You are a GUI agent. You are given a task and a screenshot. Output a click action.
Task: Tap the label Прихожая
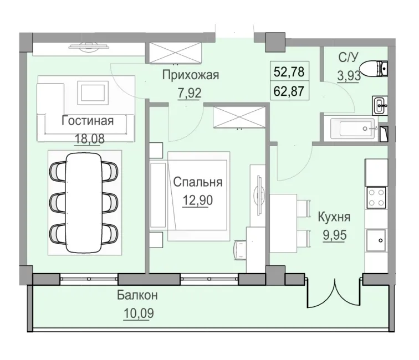coord(191,75)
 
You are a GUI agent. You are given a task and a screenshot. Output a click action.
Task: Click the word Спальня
coord(197,182)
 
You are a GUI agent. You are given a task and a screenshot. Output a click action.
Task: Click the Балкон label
coord(137,296)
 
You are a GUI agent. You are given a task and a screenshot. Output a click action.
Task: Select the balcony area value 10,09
coord(137,312)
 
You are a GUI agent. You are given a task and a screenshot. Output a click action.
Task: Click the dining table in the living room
coord(84,202)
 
